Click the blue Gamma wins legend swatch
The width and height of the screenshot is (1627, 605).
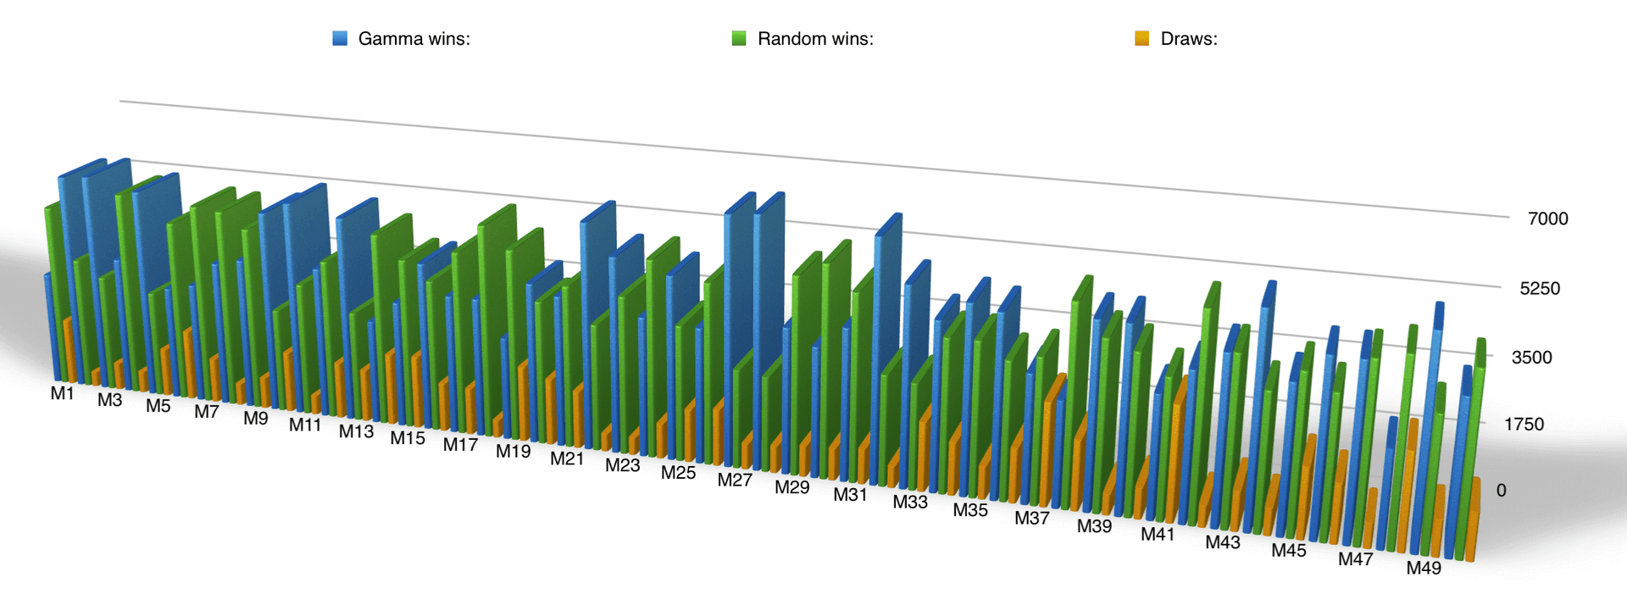340,38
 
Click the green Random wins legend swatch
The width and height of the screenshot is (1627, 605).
739,38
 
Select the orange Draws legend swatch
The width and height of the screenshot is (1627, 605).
1142,38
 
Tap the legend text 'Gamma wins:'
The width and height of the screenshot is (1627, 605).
414,39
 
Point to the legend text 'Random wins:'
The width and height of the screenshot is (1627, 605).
815,39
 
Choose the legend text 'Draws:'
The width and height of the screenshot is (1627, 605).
1189,39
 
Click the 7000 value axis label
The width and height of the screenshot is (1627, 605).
1547,219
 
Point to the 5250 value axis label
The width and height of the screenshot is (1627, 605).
1540,288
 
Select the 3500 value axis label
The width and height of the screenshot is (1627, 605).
1532,357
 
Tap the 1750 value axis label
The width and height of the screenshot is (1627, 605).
1524,424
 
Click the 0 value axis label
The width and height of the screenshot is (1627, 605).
1502,490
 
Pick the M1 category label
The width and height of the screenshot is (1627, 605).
62,393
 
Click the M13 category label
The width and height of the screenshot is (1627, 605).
356,431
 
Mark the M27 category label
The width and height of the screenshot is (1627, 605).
735,480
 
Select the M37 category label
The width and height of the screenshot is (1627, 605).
1032,518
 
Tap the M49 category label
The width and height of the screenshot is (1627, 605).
1424,568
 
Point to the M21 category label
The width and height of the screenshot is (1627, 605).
567,458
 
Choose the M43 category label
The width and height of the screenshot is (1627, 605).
1223,542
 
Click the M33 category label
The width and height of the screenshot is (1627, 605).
910,502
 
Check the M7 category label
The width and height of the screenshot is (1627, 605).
207,412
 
